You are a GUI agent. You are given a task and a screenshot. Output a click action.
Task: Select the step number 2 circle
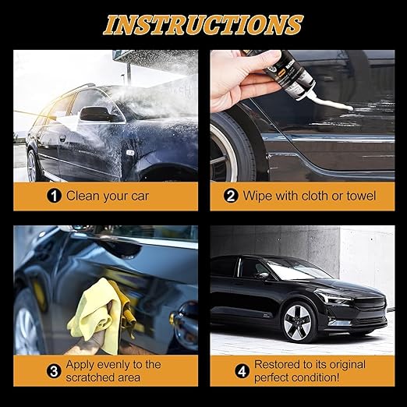pyautogui.click(x=232, y=196)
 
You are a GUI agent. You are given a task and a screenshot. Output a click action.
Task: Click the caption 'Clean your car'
pyautogui.click(x=108, y=196)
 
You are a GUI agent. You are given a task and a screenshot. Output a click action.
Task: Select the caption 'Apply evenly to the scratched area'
pyautogui.click(x=112, y=370)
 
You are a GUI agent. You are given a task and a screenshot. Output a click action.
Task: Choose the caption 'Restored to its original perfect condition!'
pyautogui.click(x=308, y=370)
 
